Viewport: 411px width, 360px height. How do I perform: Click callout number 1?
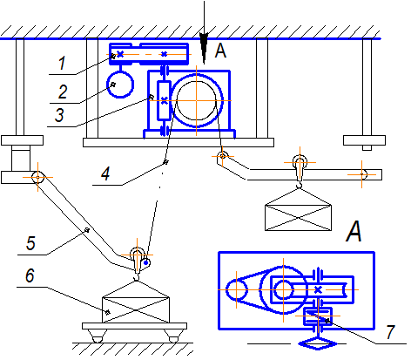(x=62, y=64)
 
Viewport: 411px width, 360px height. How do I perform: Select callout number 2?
(x=63, y=92)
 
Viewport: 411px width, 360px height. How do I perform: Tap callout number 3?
(x=59, y=115)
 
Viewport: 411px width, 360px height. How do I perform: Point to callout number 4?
(x=105, y=173)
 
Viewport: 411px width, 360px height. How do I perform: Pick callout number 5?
(x=30, y=243)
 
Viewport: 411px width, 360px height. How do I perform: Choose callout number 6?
(x=30, y=275)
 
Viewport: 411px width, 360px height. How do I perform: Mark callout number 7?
(x=391, y=332)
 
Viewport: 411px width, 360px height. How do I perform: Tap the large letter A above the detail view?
(x=354, y=231)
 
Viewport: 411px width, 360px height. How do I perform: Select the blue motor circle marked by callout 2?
(x=120, y=85)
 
